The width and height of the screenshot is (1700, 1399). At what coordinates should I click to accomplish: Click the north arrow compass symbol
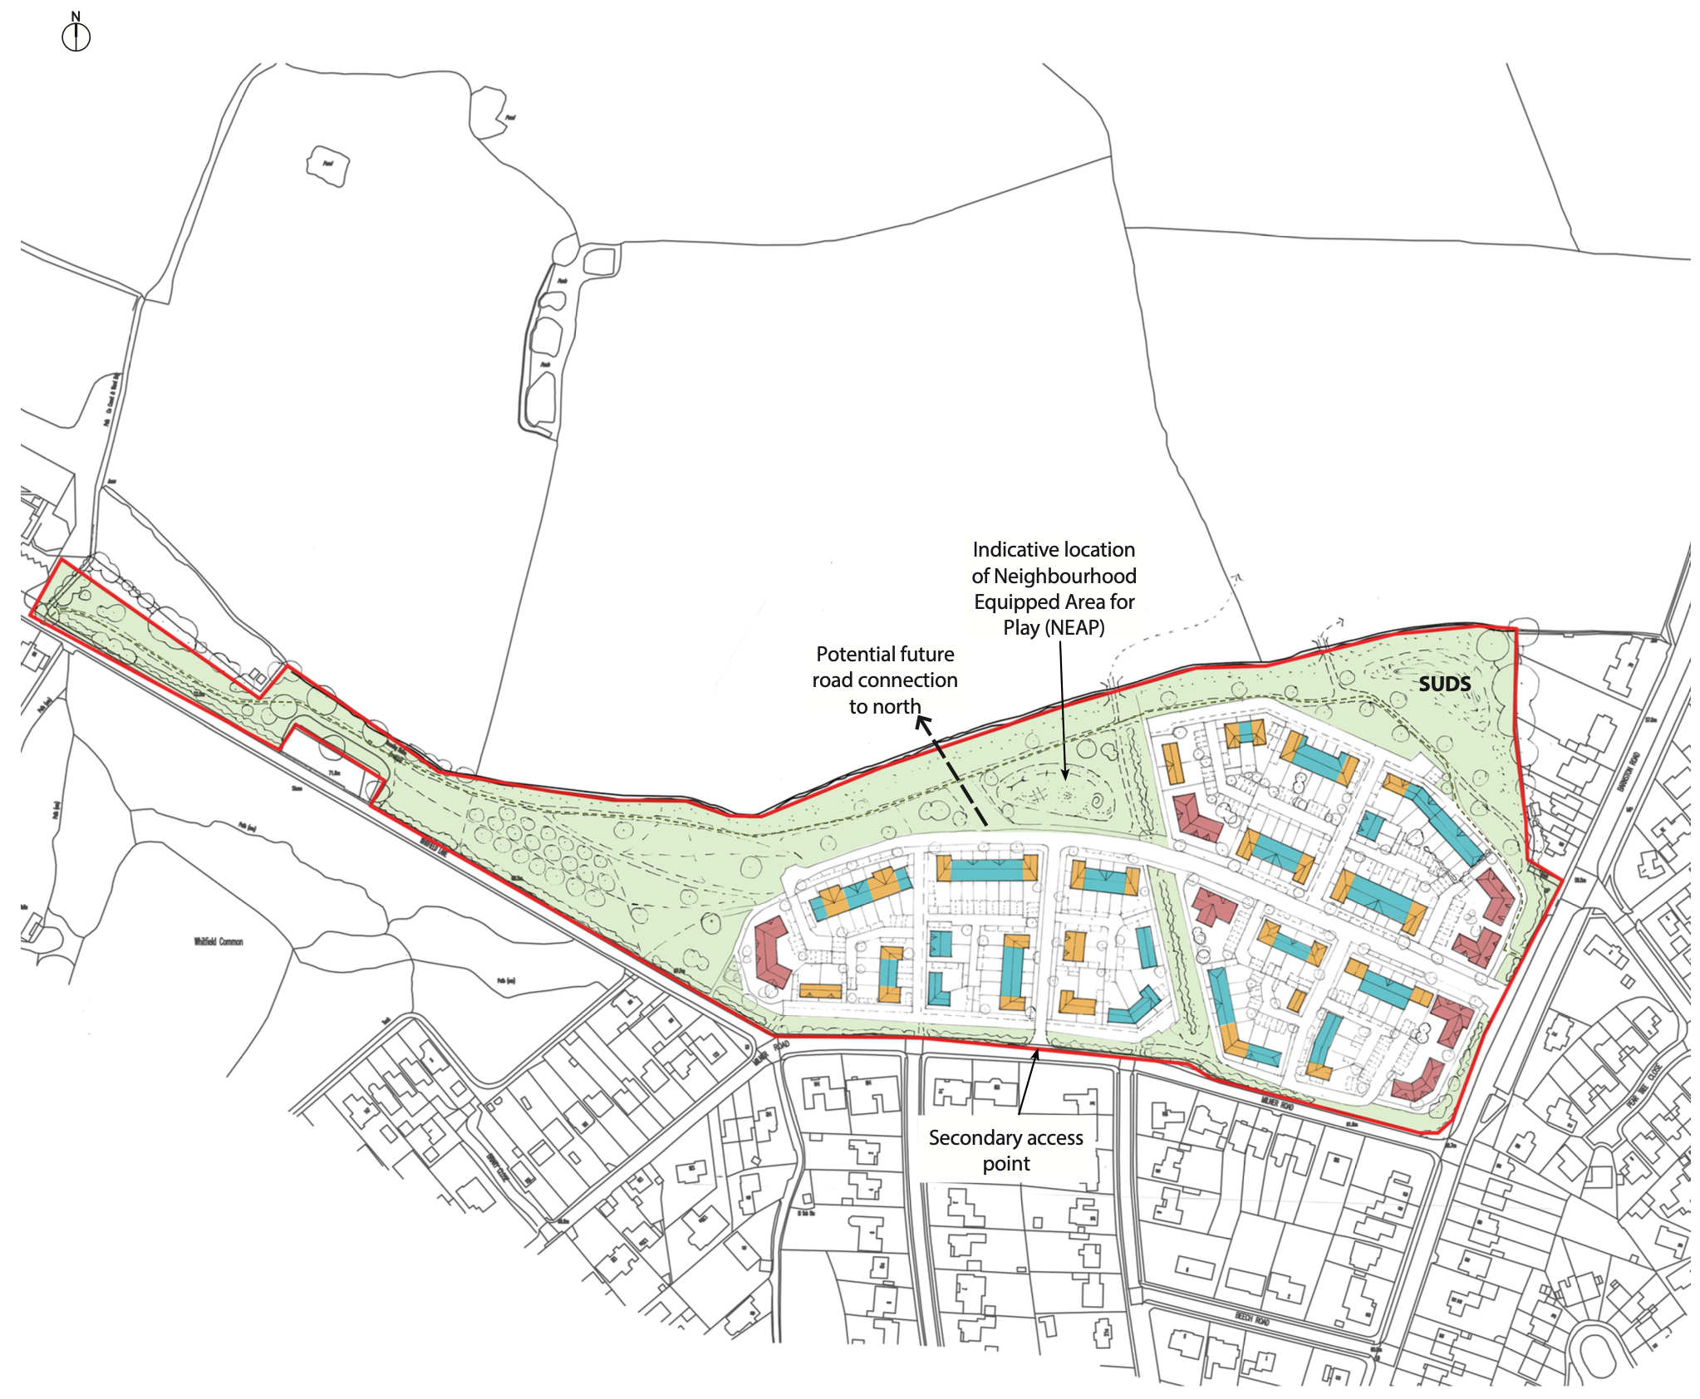(x=76, y=37)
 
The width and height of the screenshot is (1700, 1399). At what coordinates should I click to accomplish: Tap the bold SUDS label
(x=1444, y=684)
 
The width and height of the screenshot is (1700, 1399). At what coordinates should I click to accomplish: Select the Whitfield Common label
(x=219, y=941)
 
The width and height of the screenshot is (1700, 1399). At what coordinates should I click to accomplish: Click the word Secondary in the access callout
(x=964, y=1137)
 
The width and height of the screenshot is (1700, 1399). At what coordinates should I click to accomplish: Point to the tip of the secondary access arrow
(x=1037, y=1051)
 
